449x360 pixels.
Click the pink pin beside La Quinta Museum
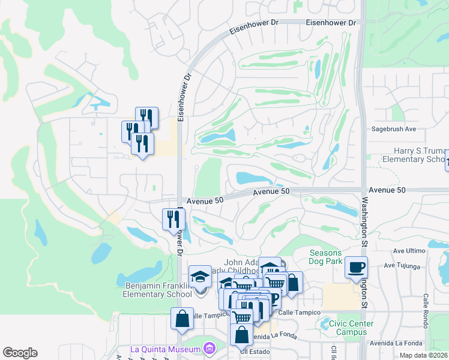pos(209,348)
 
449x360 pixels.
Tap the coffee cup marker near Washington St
pos(356,266)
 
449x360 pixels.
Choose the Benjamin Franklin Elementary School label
pos(158,290)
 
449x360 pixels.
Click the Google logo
pos(20,353)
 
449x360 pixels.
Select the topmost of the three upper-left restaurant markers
pos(146,116)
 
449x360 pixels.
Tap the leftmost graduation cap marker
pos(200,277)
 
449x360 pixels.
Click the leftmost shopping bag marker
pos(181,319)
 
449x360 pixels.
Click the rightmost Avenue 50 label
pos(387,190)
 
